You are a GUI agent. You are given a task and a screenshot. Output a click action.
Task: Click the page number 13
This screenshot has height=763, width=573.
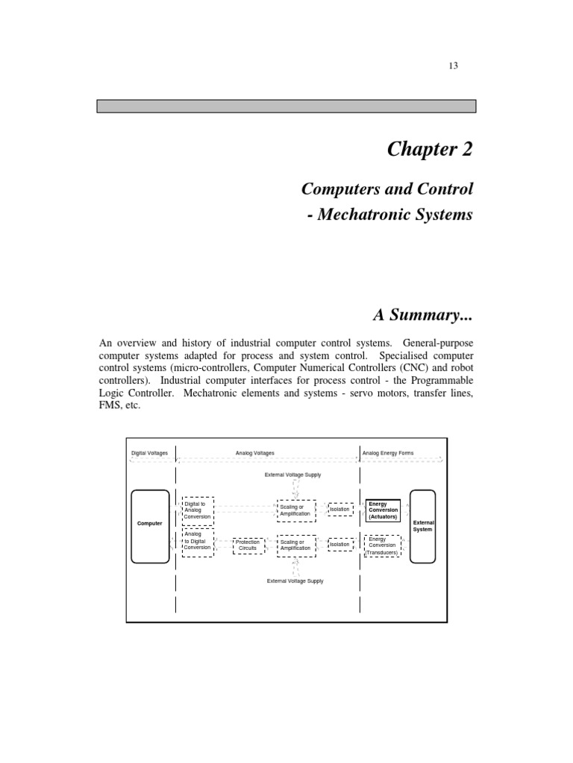[453, 66]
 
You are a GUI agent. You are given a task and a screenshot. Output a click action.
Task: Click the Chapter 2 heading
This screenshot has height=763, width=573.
[430, 149]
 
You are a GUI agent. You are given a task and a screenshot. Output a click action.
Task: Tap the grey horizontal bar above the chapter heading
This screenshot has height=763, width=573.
[286, 106]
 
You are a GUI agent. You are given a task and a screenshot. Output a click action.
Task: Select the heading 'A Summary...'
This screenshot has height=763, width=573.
[423, 316]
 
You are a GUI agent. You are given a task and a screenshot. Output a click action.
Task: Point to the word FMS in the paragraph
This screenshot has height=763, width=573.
[111, 406]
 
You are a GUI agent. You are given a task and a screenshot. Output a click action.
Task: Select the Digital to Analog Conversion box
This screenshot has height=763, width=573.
[198, 510]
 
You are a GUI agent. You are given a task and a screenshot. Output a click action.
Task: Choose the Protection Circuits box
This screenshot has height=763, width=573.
[247, 545]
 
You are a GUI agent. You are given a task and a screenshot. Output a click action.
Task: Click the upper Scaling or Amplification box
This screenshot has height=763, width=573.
[296, 510]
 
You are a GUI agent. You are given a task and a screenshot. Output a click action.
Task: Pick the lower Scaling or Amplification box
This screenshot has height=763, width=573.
[296, 545]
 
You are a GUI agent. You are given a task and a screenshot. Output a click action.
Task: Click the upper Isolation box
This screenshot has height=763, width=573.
[340, 510]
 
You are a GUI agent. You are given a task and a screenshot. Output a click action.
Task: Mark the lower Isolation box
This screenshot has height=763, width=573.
[340, 545]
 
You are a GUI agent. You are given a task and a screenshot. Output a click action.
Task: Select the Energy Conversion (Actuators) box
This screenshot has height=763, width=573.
[383, 510]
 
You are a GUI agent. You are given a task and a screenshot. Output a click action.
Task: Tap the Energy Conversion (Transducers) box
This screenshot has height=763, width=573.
[383, 545]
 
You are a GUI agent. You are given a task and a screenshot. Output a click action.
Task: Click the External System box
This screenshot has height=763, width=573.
[423, 526]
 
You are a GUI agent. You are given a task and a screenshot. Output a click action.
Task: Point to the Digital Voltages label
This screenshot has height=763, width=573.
[149, 453]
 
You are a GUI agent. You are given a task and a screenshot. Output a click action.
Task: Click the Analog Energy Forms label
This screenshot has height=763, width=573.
[387, 453]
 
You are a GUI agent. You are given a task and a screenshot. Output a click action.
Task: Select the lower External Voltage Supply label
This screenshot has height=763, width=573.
[295, 581]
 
